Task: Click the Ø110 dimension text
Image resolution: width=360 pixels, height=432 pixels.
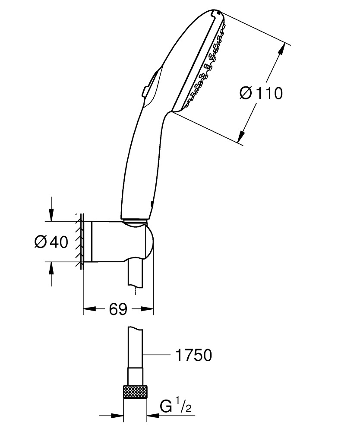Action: [x=261, y=93]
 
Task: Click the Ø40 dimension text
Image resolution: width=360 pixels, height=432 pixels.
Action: [x=51, y=242]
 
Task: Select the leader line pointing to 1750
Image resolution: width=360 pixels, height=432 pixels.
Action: [x=155, y=355]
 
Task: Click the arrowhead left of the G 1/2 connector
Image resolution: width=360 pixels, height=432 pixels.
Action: [x=119, y=415]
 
